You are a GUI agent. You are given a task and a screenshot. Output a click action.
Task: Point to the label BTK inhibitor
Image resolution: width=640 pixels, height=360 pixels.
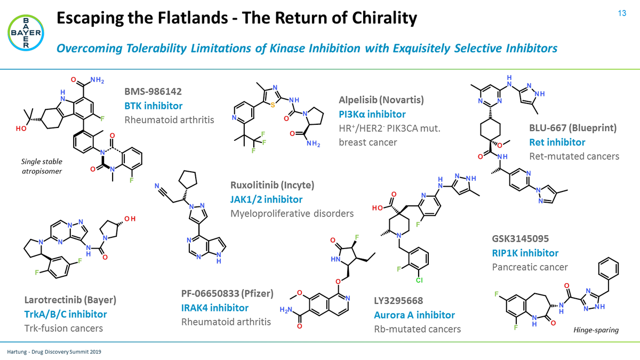[x=154, y=106]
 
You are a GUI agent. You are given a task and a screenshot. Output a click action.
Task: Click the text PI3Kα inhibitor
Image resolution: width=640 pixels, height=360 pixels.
[x=372, y=114]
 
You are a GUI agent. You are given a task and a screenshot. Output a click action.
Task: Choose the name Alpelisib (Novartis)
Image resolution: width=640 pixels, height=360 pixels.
[x=381, y=100]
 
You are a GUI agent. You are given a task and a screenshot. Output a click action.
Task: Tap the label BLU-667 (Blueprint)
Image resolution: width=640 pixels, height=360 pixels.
[x=573, y=129]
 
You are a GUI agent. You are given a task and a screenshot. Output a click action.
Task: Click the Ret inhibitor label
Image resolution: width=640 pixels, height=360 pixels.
[x=557, y=142]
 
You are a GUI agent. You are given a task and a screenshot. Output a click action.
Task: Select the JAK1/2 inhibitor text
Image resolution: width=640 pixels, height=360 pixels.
[x=266, y=199]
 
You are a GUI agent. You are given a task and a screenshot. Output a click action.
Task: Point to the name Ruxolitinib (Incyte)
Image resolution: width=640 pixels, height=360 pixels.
[x=273, y=186]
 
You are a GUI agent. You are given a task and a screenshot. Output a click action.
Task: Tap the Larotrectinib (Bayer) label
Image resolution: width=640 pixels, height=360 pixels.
[x=71, y=300]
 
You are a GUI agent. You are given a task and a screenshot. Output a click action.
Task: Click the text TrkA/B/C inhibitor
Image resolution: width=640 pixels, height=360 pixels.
[x=66, y=314]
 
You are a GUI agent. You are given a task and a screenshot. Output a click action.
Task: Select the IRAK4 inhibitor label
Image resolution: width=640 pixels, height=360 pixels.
[x=215, y=308]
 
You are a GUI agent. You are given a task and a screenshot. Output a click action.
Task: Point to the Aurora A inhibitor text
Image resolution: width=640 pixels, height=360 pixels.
[x=414, y=315]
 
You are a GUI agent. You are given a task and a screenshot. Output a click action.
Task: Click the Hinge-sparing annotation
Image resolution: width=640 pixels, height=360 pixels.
[x=596, y=330]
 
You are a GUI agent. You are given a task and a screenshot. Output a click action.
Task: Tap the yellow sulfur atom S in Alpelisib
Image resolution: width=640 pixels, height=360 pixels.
[x=273, y=105]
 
